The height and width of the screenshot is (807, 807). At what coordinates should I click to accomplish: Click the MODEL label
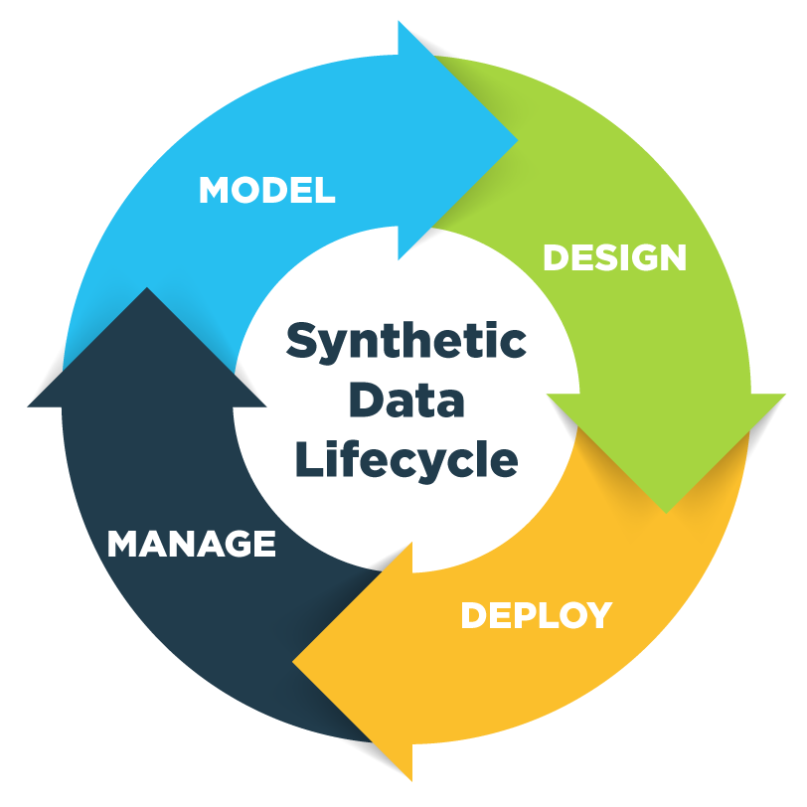pyautogui.click(x=266, y=190)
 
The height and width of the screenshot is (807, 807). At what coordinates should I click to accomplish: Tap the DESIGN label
pyautogui.click(x=614, y=258)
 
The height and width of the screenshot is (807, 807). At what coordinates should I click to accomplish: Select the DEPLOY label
pyautogui.click(x=536, y=615)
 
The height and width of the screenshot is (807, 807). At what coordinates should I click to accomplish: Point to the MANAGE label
pyautogui.click(x=191, y=544)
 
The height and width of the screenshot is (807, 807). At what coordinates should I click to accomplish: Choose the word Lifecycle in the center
pyautogui.click(x=405, y=460)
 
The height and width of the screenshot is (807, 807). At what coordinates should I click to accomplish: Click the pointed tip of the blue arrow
pyautogui.click(x=516, y=139)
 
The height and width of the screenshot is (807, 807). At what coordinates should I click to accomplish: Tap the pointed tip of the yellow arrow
pyautogui.click(x=294, y=660)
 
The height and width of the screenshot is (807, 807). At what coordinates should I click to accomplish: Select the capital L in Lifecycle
pyautogui.click(x=305, y=459)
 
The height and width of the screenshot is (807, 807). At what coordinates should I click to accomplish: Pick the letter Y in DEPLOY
pyautogui.click(x=597, y=615)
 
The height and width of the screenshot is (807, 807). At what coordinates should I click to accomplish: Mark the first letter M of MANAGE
pyautogui.click(x=122, y=544)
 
